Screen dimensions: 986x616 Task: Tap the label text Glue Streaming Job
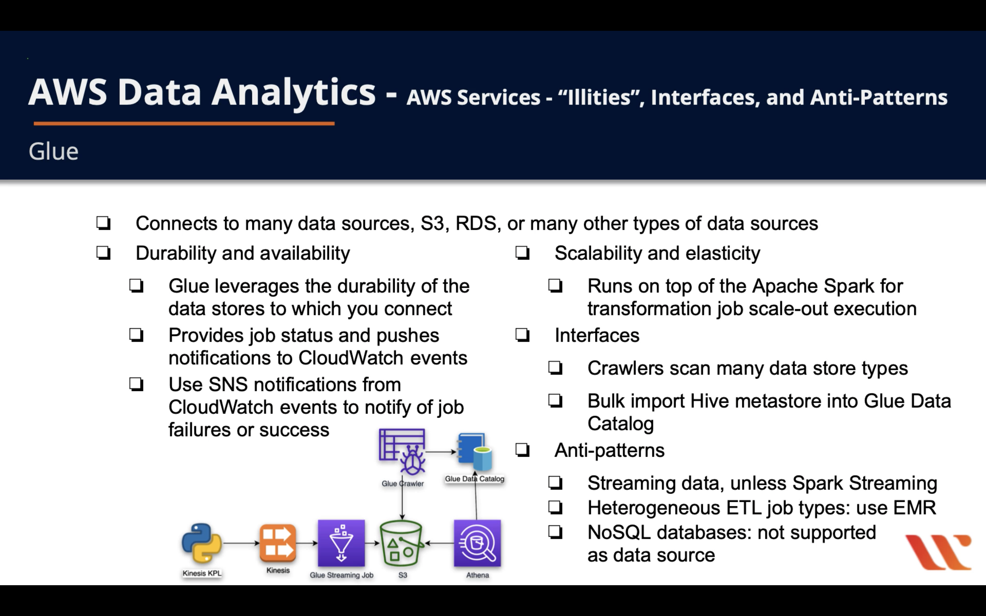point(341,575)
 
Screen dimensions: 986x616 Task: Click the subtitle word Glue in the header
point(53,152)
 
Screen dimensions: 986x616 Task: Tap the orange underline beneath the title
point(184,123)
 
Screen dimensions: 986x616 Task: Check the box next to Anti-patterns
point(522,450)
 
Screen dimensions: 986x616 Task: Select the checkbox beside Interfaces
point(522,335)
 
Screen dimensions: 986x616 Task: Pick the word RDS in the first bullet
point(475,223)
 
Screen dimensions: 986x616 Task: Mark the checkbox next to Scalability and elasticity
point(522,253)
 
